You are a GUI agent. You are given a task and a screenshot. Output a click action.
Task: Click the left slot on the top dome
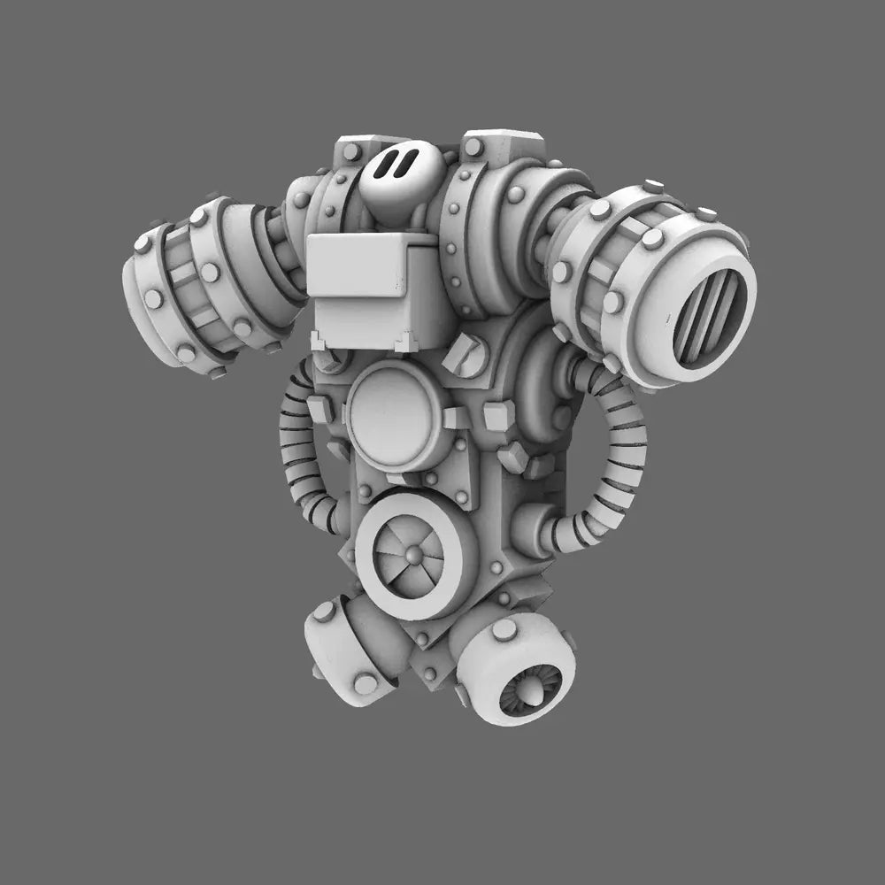tap(386, 164)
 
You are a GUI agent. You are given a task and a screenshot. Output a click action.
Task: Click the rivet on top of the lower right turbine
tap(504, 629)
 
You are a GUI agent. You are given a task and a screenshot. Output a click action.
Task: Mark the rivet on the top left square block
tap(351, 153)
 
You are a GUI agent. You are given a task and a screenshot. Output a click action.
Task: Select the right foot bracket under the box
tap(407, 342)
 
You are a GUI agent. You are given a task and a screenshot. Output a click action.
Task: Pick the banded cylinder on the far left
tap(190, 283)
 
